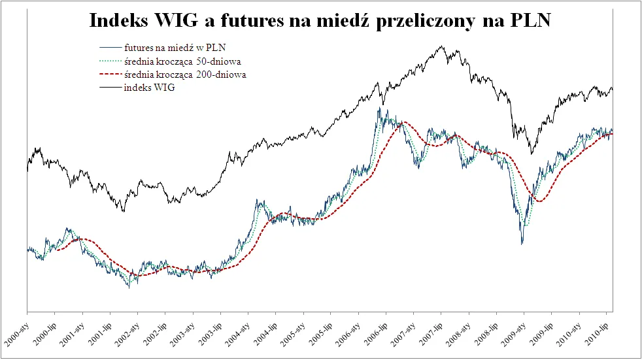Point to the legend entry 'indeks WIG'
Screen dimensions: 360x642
tap(149, 88)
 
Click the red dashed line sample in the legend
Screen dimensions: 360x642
tap(110, 75)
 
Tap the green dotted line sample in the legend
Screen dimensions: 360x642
tap(110, 61)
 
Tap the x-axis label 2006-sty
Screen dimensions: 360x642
tap(348, 333)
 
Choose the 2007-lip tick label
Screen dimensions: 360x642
tap(431, 333)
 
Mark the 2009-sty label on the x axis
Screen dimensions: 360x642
tap(514, 333)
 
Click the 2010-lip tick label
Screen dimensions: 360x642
tap(597, 333)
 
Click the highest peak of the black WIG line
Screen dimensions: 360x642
tap(443, 46)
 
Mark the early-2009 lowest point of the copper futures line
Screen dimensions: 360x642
tap(522, 244)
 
